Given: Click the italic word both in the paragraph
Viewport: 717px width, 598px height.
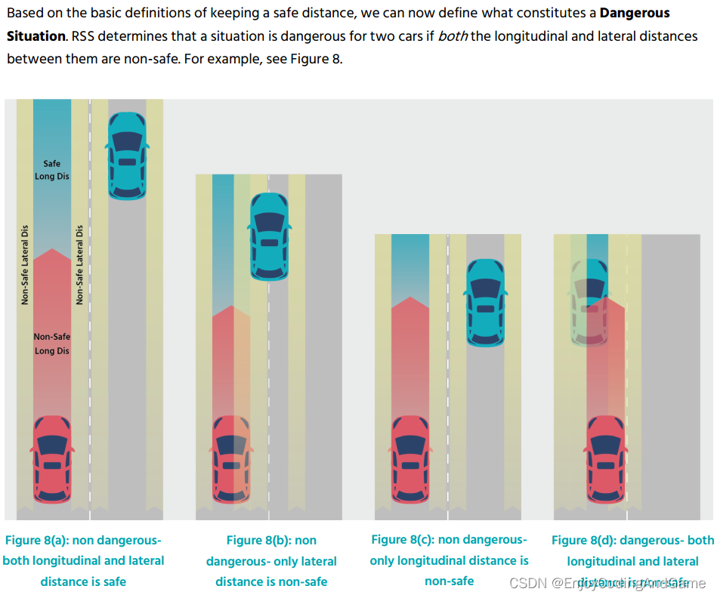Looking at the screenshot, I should (x=453, y=36).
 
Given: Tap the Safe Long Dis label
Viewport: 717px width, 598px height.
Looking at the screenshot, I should (x=51, y=170).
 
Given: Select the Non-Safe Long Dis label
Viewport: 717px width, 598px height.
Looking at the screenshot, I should (x=51, y=344).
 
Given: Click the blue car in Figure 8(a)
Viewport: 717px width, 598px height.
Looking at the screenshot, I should (x=127, y=155).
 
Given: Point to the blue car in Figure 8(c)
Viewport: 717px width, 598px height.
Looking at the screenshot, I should (x=486, y=302).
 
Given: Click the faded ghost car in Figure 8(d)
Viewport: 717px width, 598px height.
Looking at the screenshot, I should (x=590, y=302).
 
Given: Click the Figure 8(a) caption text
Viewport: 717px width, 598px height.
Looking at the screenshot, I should (x=83, y=561).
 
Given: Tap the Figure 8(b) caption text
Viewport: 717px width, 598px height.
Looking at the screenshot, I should (x=271, y=561).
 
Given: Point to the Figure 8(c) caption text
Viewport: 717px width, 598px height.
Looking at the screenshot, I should (x=449, y=560).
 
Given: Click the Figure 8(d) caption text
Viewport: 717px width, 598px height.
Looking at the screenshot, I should (x=632, y=561).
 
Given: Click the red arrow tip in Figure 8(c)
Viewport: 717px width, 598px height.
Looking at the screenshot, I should (x=410, y=299).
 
